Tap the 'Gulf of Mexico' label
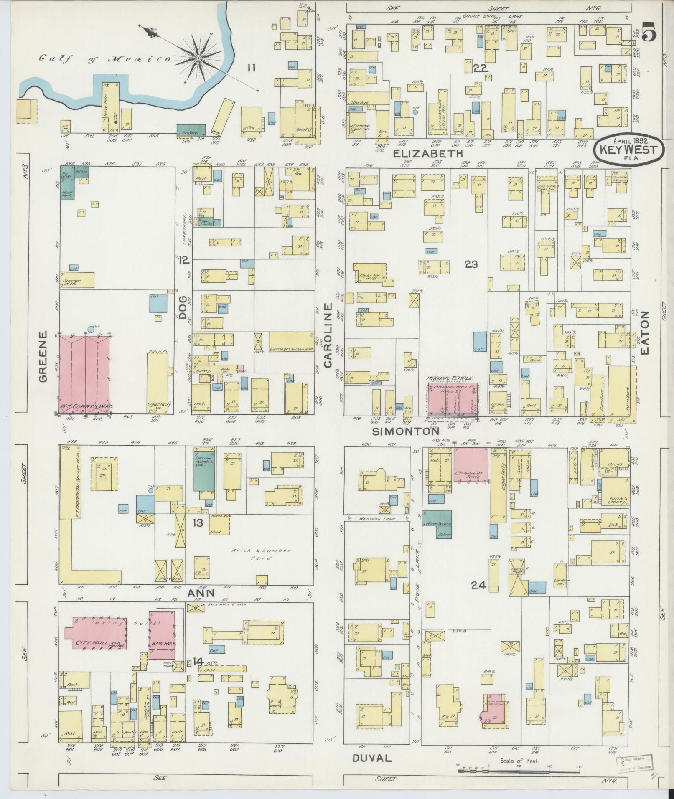[x=105, y=59]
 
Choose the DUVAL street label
[x=372, y=758]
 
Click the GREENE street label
[x=43, y=356]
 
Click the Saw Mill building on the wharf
[x=111, y=106]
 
